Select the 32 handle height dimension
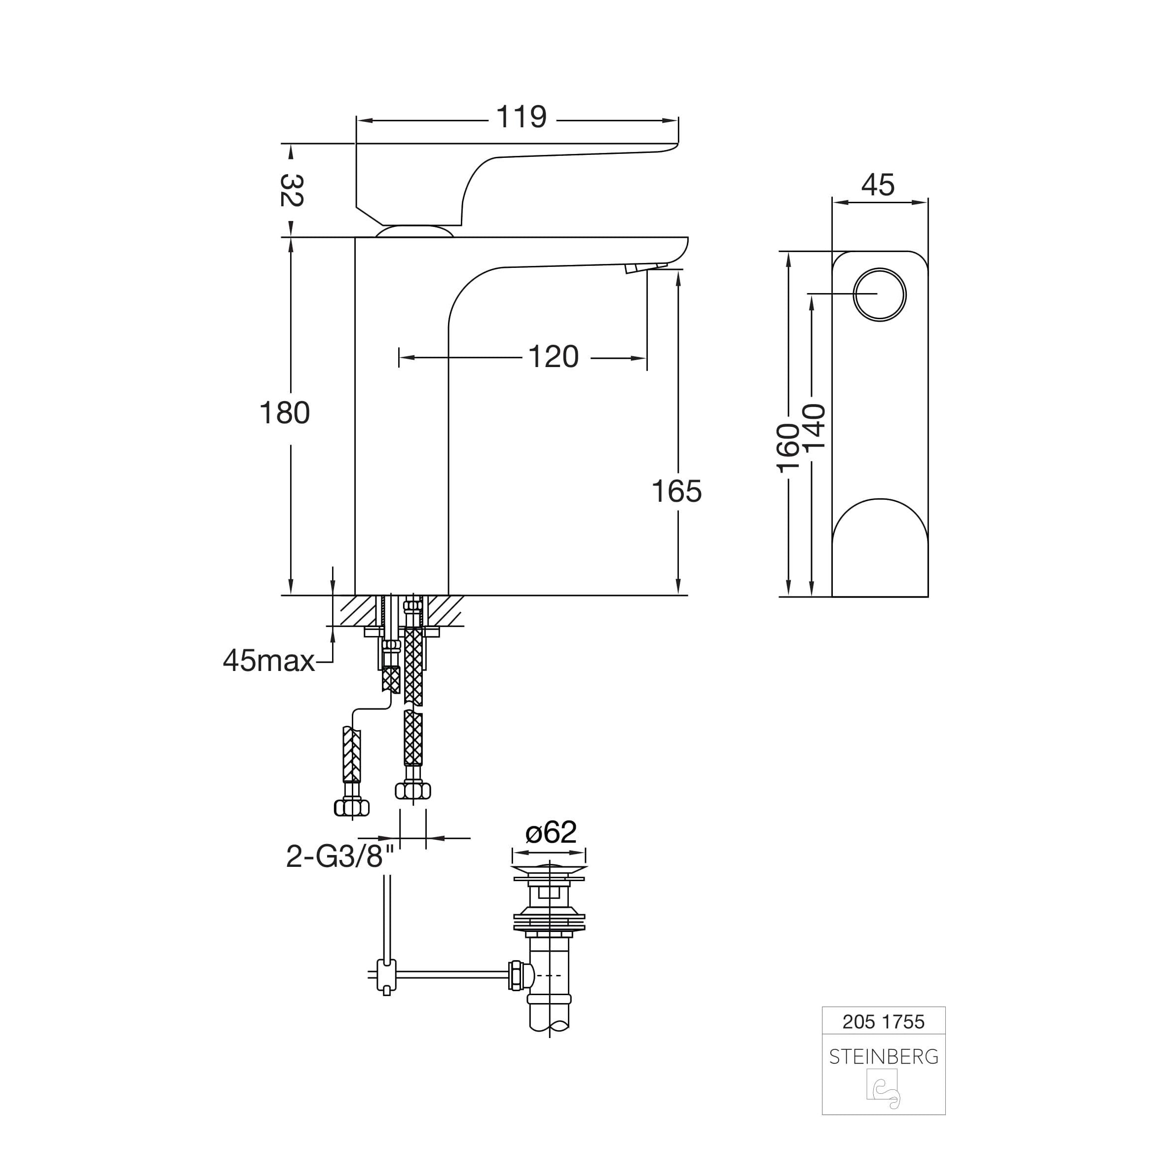coord(292,190)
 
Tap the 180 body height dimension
coord(284,413)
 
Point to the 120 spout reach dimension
coord(553,357)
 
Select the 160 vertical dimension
coord(788,448)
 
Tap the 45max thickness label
coord(269,661)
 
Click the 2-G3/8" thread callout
coord(341,856)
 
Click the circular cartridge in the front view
coord(879,295)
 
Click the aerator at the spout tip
coord(646,267)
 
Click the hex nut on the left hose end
coord(352,808)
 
